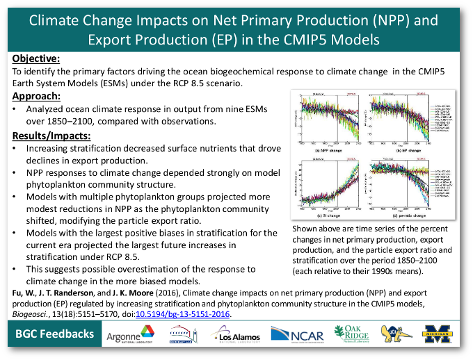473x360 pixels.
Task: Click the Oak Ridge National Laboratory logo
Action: (352, 335)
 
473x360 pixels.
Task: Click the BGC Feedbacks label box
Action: (56, 334)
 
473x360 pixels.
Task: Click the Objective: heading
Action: (36, 58)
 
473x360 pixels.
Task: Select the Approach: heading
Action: (38, 96)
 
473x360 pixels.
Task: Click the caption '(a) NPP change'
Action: (326, 149)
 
